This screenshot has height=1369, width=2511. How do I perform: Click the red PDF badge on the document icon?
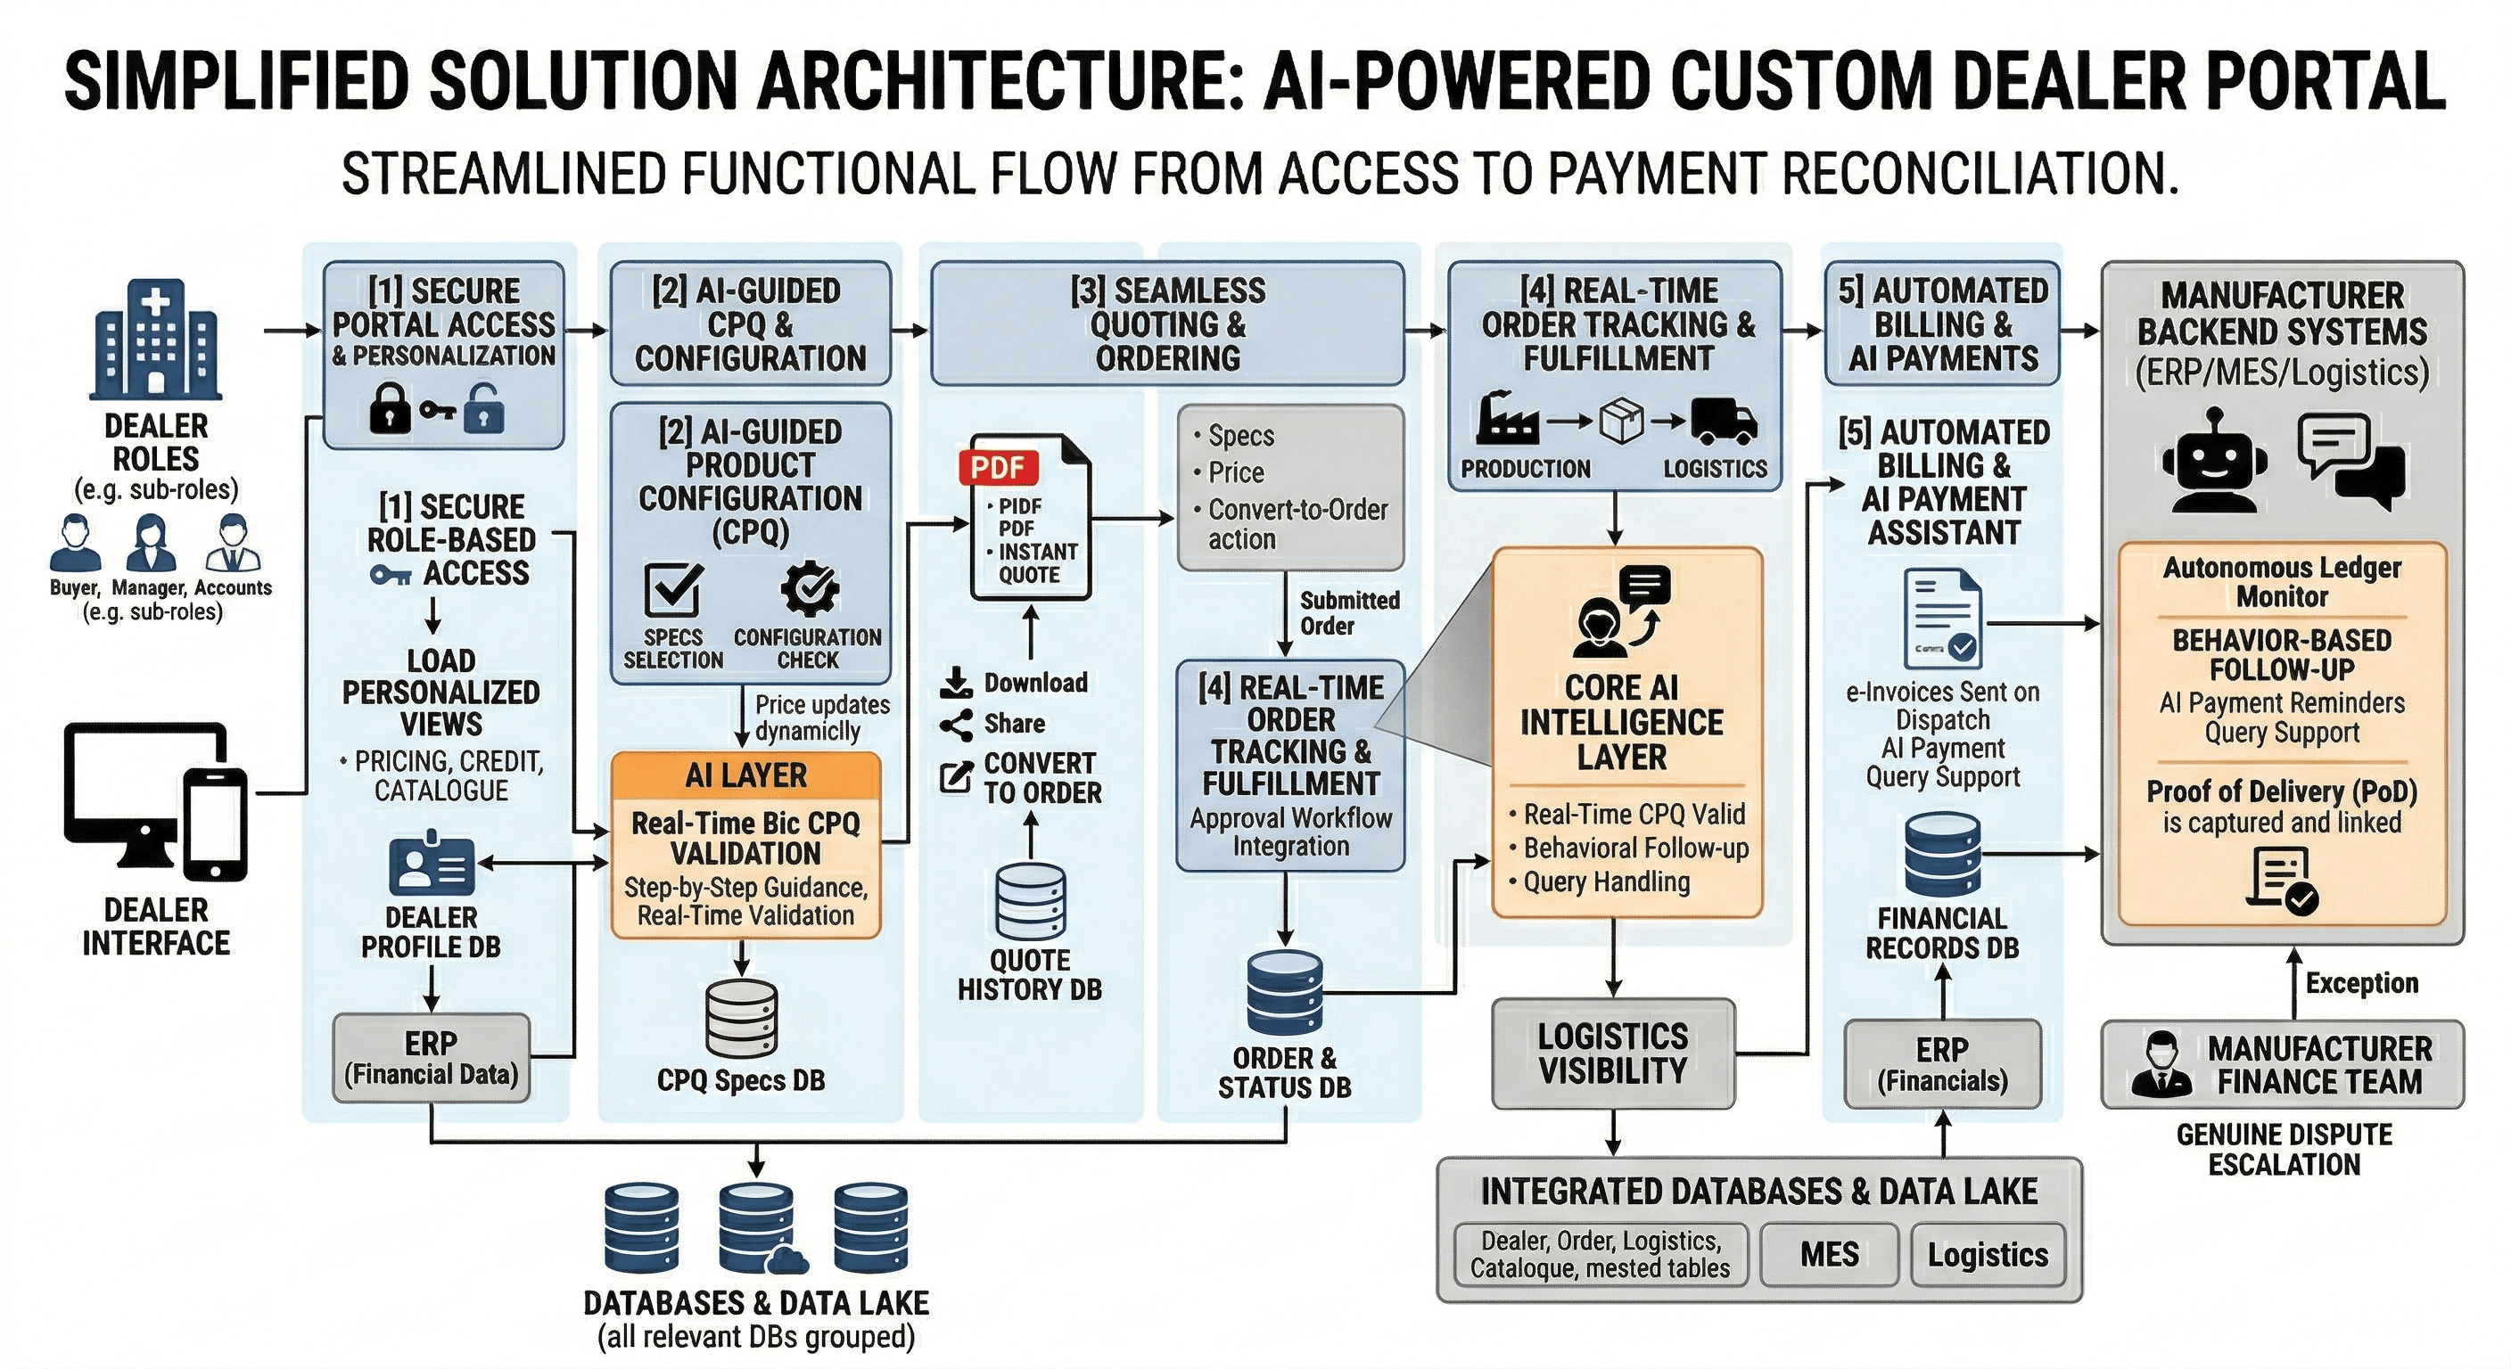(x=998, y=468)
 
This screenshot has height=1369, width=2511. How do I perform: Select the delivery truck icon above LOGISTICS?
(x=1723, y=421)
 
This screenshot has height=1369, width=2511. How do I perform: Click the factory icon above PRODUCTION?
(x=1507, y=419)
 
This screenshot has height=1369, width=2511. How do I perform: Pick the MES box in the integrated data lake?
(x=1830, y=1254)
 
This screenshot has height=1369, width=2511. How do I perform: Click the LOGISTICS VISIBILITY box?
(x=1613, y=1053)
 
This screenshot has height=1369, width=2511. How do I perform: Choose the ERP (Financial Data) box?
(x=431, y=1058)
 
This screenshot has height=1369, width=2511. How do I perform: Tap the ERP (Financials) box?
(x=1943, y=1064)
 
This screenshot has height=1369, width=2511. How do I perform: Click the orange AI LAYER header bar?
(x=745, y=775)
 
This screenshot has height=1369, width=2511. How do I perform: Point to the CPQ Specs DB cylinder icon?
(x=742, y=1018)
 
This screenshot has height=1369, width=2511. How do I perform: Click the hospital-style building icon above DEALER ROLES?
(x=156, y=341)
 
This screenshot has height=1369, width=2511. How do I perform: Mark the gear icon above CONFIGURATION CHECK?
(x=809, y=589)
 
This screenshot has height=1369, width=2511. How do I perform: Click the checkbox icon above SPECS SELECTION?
(x=673, y=587)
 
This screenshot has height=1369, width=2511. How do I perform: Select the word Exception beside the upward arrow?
(x=2361, y=982)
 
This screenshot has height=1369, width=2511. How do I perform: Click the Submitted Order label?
(x=1348, y=613)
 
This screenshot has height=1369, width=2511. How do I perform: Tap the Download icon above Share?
(x=956, y=682)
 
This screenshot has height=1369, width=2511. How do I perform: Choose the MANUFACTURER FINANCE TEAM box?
(x=2282, y=1065)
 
